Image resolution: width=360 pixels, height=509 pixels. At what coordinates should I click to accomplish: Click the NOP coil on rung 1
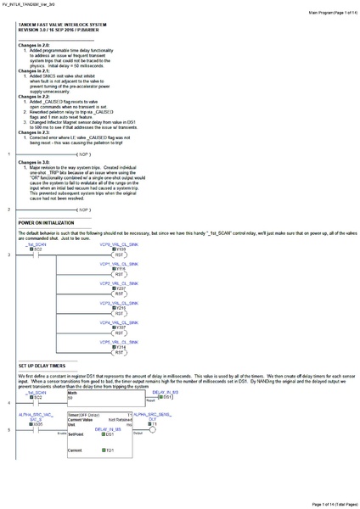pos(82,155)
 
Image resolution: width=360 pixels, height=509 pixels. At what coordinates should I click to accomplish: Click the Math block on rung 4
pos(73,394)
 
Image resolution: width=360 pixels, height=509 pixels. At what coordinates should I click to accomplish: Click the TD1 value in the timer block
pos(110,450)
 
